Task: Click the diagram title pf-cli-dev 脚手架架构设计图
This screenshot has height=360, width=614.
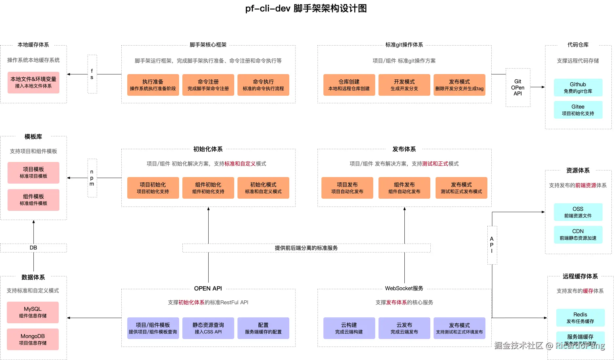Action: click(306, 9)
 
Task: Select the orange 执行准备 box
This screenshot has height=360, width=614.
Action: click(153, 85)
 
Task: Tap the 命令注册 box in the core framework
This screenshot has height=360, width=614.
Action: click(208, 85)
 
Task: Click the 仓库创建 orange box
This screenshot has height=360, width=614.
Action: click(349, 85)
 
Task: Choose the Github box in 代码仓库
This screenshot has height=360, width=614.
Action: click(578, 88)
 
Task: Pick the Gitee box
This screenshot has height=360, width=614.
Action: click(578, 110)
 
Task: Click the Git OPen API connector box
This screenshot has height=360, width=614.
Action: click(518, 88)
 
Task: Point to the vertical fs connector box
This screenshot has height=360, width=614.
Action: click(92, 74)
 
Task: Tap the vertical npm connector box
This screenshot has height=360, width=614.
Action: click(92, 178)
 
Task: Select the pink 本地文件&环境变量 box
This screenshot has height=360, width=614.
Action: click(33, 83)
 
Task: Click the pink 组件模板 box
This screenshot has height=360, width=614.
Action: click(33, 200)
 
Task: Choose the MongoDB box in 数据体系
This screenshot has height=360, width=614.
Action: click(33, 339)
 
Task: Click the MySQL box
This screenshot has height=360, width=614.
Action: click(33, 312)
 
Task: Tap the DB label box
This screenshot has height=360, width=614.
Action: click(33, 248)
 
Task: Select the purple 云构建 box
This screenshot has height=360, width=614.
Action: click(349, 328)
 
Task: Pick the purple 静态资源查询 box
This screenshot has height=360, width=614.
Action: click(208, 328)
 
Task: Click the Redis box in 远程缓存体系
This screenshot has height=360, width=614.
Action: click(580, 318)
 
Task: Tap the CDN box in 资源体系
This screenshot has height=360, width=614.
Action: click(578, 234)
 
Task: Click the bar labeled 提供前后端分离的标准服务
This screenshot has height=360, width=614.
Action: click(306, 248)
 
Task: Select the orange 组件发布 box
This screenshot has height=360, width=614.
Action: click(404, 188)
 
